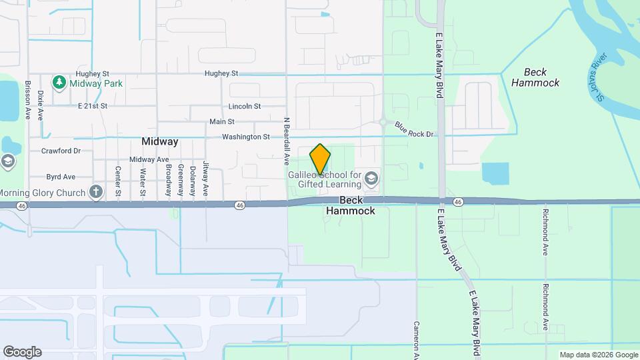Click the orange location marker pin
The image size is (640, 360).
[320, 159]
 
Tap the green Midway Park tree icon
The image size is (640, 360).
[59, 82]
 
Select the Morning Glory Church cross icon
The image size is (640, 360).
[96, 193]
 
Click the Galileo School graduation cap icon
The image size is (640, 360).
[371, 178]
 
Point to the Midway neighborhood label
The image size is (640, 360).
[160, 141]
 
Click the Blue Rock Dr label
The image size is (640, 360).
[414, 129]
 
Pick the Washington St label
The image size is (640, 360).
[246, 137]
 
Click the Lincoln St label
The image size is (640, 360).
[244, 106]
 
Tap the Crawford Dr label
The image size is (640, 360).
[61, 151]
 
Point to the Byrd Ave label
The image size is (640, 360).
[60, 177]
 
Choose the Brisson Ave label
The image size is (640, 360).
[28, 100]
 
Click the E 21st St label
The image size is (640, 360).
[93, 106]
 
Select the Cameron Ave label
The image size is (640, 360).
[416, 337]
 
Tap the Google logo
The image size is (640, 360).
[22, 352]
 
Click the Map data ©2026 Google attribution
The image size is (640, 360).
[598, 355]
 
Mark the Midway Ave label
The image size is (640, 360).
[149, 159]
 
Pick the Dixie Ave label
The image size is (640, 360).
[40, 105]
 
